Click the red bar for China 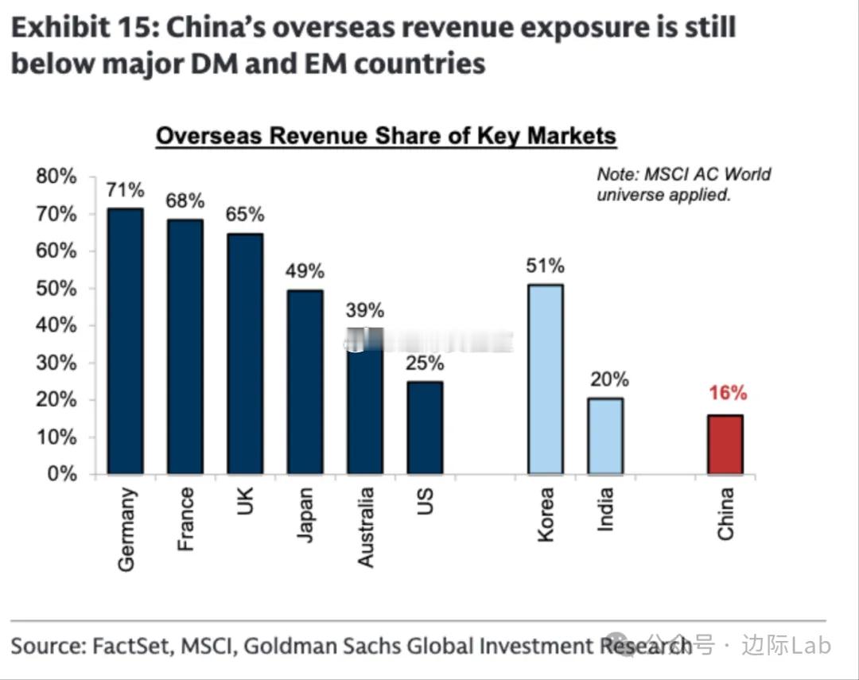coord(725,444)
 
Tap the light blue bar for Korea coord(545,379)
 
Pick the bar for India coord(605,436)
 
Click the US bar coord(425,427)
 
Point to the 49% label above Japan coord(305,271)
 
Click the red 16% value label coord(728,393)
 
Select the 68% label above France coord(185,200)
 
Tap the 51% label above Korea coord(545,265)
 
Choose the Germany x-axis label coord(126,529)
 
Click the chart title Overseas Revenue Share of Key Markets coord(386,136)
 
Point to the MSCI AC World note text coord(683,185)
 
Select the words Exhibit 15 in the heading coord(80,28)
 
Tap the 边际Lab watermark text coord(786,645)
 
